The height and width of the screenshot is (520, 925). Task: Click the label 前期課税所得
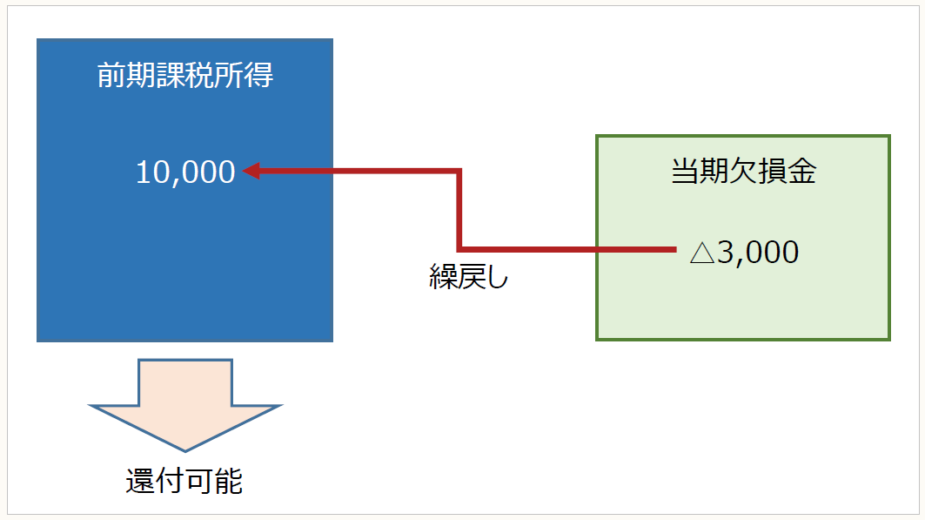click(x=185, y=77)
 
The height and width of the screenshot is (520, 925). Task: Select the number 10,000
click(x=185, y=172)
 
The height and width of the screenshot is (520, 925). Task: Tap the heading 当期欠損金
click(x=743, y=172)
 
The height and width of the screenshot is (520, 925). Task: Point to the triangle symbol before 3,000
click(x=701, y=253)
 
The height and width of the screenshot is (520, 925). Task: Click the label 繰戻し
click(x=467, y=277)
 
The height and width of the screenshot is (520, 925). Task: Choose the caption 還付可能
click(x=184, y=482)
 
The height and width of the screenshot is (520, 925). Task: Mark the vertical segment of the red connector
click(x=459, y=210)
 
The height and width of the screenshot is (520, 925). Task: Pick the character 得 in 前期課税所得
click(x=259, y=77)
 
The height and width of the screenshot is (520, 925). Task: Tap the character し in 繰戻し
click(x=493, y=277)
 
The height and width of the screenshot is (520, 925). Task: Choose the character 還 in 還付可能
click(x=140, y=482)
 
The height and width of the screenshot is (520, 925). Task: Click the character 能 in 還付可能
click(x=229, y=482)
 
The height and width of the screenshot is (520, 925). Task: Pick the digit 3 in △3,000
click(x=725, y=253)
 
